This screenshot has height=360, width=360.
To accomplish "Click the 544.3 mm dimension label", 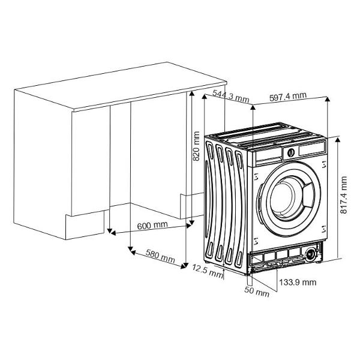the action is point(231,96).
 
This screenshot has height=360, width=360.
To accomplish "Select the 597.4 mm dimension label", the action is point(288,97).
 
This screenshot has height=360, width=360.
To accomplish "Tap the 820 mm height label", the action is point(196,146).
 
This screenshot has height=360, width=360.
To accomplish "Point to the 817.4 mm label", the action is point(343,195).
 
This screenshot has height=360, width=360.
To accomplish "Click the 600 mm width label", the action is point(152,226).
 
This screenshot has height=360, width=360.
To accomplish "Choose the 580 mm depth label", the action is point(160,256).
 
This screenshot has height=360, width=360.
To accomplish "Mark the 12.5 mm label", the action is point(208,271).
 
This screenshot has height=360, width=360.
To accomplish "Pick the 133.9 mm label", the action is point(298,282).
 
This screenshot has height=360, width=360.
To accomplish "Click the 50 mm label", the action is point(257,292).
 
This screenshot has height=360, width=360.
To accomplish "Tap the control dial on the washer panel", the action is point(291,152).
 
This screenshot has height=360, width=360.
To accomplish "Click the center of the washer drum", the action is point(284,197).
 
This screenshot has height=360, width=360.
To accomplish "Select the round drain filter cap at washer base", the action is point(311,254).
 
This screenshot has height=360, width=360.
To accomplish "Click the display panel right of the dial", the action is point(311,149).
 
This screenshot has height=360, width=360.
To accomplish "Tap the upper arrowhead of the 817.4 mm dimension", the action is point(337,140).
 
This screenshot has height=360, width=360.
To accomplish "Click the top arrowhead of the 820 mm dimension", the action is point(192,94).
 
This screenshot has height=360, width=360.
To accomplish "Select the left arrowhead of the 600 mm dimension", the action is point(113,233).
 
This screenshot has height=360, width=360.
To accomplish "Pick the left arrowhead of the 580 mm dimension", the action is point(133,253).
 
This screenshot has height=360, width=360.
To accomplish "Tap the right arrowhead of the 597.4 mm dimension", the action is point(328,99).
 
